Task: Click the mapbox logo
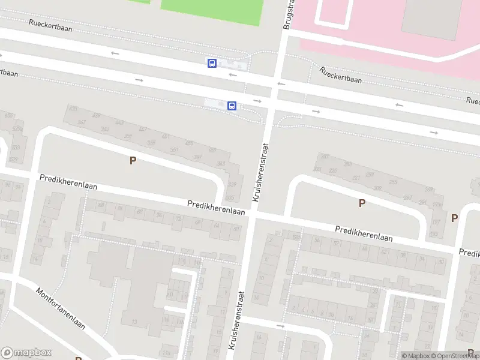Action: [25, 353]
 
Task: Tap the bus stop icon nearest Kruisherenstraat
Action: [232, 106]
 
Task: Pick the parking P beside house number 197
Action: [454, 218]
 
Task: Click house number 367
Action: [82, 122]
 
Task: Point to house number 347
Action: [197, 157]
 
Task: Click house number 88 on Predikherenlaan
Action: [101, 205]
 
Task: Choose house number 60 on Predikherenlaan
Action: [237, 229]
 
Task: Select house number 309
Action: [377, 188]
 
